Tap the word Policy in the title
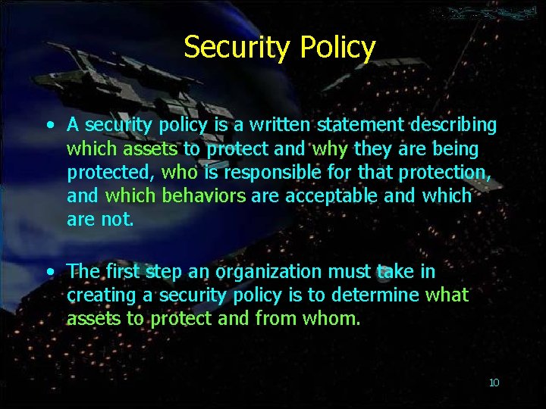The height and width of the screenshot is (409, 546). point(338,47)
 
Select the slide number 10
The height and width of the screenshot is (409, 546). point(494,382)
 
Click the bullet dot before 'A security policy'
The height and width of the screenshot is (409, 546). point(49,125)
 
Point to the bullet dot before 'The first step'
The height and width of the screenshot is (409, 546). point(49,270)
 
